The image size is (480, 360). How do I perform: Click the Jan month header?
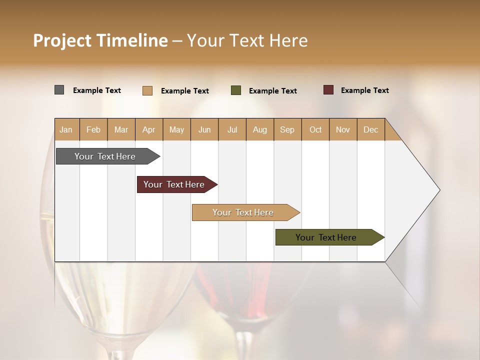tap(66, 130)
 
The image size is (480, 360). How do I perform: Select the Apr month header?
tap(148, 130)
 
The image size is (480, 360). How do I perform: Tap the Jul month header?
tap(232, 130)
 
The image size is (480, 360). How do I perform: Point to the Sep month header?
tap(287, 130)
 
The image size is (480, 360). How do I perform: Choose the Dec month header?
tap(370, 130)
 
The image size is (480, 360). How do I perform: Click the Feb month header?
tap(93, 130)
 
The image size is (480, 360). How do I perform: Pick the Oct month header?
tap(315, 130)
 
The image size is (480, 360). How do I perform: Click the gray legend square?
tap(59, 90)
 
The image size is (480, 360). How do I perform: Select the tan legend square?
tap(147, 90)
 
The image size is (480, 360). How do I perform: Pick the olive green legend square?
tap(236, 90)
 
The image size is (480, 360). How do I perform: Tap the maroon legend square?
tap(328, 90)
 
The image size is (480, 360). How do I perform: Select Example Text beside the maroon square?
tap(364, 90)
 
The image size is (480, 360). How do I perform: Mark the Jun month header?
tap(204, 130)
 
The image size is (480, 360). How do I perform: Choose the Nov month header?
tap(343, 130)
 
